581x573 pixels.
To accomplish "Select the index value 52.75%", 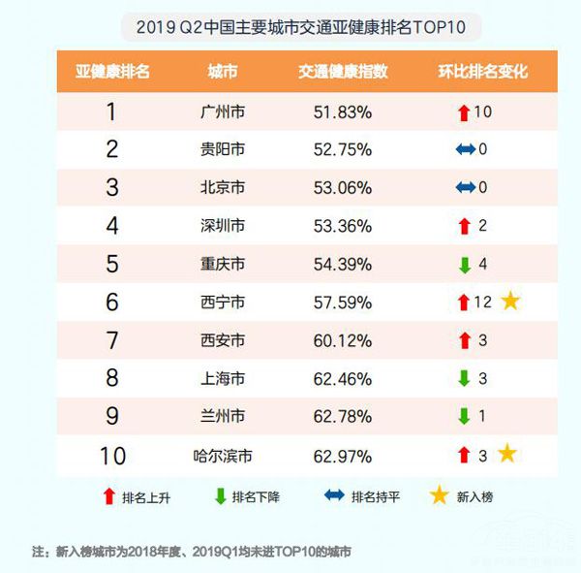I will (343, 149).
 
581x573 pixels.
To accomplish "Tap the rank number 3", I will (111, 187).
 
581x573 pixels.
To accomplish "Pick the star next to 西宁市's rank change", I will (510, 301).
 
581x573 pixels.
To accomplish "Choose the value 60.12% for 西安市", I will (343, 340).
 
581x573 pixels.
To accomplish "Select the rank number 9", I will (111, 416).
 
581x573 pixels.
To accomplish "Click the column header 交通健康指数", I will (343, 72).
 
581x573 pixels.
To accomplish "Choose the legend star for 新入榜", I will (440, 495).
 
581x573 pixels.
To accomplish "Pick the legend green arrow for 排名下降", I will (221, 496).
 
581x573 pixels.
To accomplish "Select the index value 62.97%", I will (343, 455).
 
